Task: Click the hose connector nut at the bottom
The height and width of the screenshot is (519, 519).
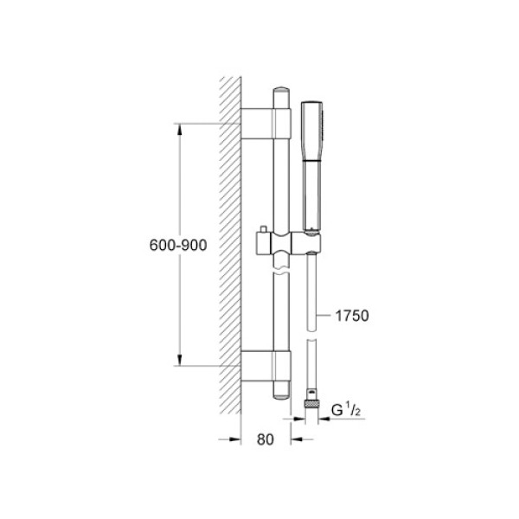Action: [x=312, y=402]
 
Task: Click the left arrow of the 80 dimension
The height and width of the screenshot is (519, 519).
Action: [x=232, y=439]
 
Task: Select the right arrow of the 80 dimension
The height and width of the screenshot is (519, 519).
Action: [x=297, y=439]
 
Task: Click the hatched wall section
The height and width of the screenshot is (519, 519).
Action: [x=229, y=242]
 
